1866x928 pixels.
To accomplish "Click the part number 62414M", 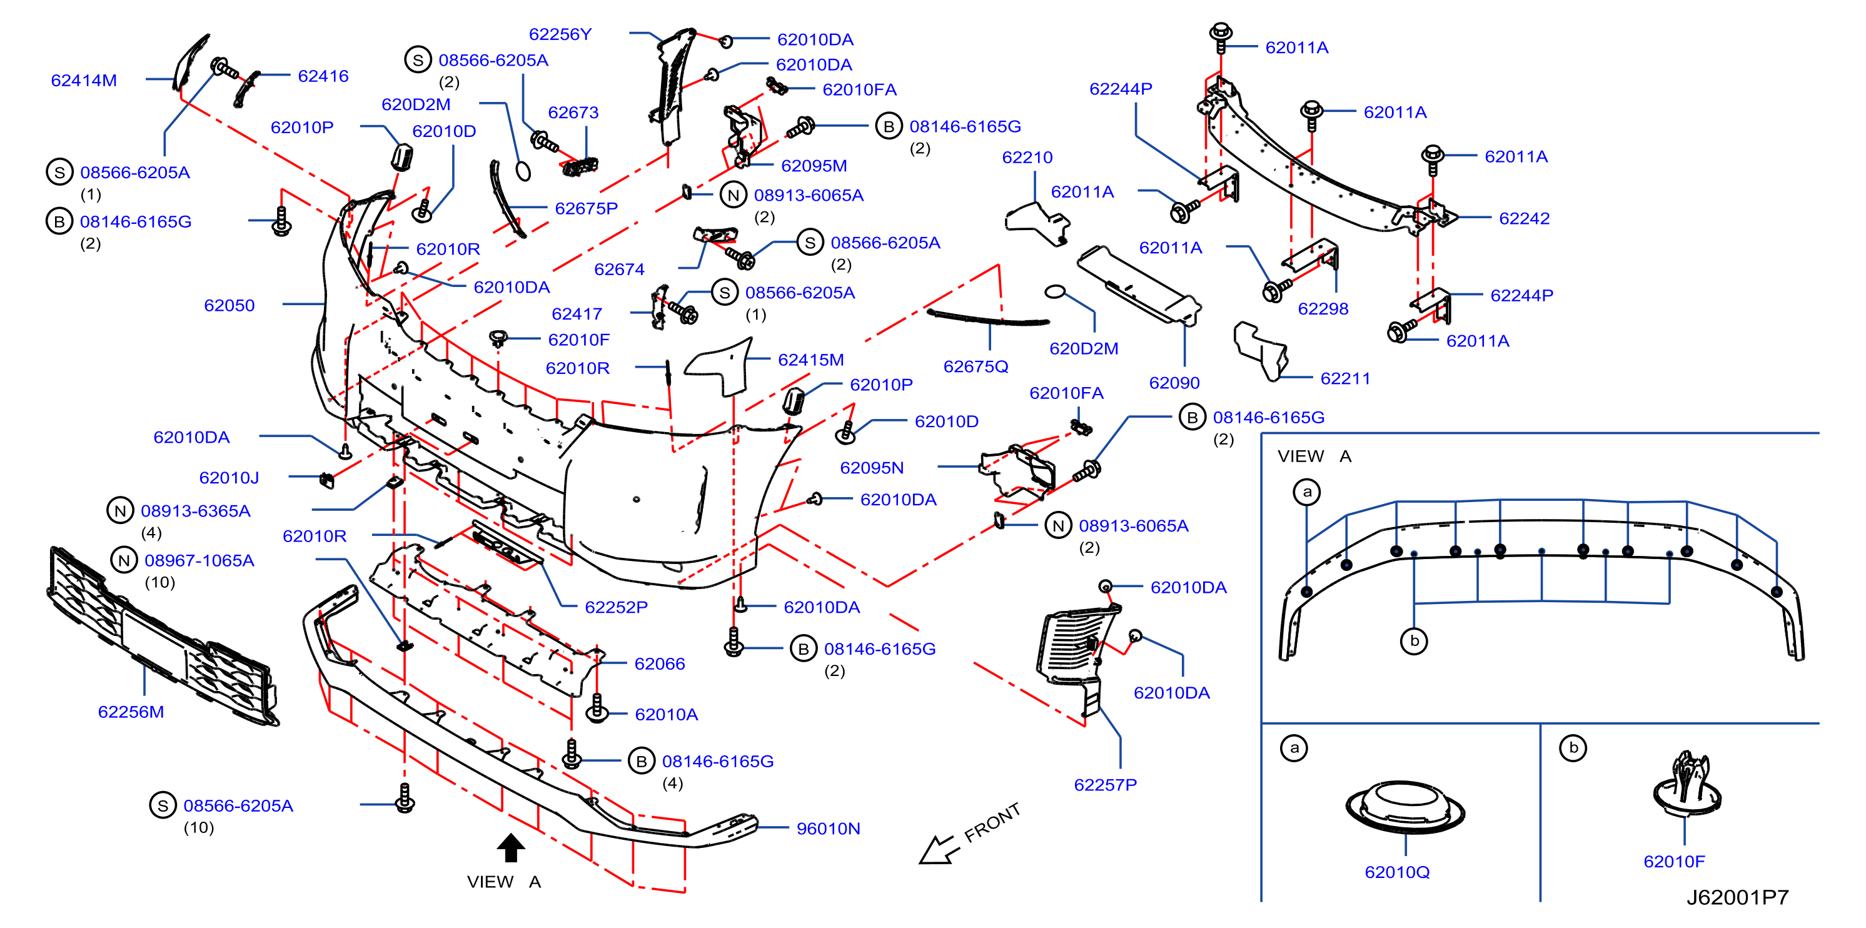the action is [84, 81].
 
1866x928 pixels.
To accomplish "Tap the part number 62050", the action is [229, 305].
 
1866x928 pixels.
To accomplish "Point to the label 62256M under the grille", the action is [131, 712].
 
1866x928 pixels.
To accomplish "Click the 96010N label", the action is [828, 828].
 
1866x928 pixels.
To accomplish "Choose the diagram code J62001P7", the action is [1737, 897].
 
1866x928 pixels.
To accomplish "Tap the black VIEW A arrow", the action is [511, 847].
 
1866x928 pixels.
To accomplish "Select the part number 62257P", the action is [1106, 785].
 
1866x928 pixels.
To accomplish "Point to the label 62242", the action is [1524, 218].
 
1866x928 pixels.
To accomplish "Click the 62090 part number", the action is [1174, 383].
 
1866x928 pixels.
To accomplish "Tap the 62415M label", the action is [810, 360].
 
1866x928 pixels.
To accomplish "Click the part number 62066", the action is [659, 663].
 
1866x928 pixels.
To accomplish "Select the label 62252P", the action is [616, 607].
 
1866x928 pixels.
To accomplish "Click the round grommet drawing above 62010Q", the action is [1405, 806].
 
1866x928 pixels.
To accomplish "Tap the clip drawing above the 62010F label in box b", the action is [1687, 785].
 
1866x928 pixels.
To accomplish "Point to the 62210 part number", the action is [1027, 157].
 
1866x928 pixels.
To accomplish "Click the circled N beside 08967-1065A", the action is [124, 560].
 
